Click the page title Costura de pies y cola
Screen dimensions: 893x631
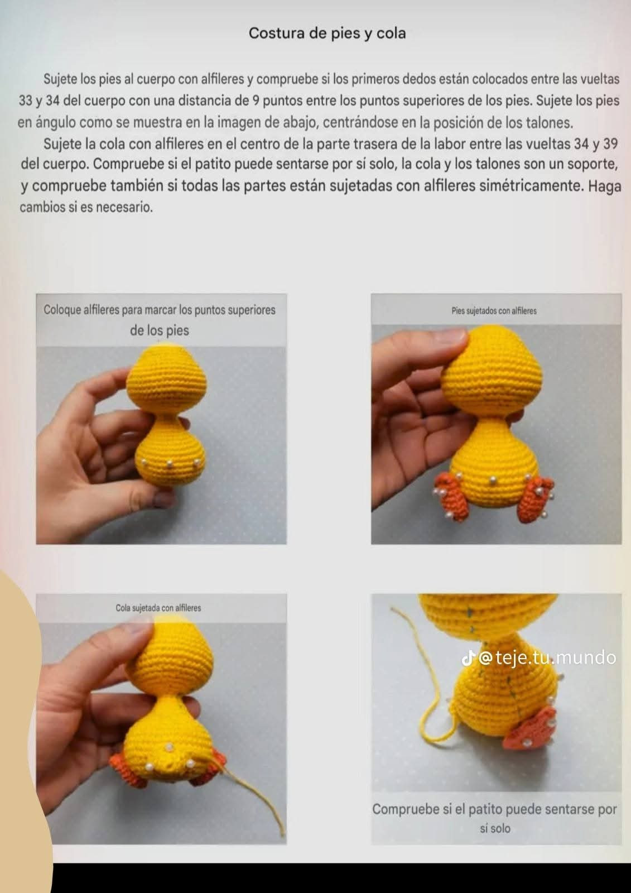[327, 33]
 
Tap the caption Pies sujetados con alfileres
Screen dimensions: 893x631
[494, 311]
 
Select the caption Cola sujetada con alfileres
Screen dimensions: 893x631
[158, 608]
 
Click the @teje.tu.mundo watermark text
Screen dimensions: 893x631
[547, 658]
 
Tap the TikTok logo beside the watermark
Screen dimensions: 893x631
[468, 659]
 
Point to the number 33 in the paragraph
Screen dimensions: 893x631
[26, 101]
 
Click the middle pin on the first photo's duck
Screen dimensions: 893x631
[170, 463]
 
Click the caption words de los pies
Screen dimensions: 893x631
[159, 330]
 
